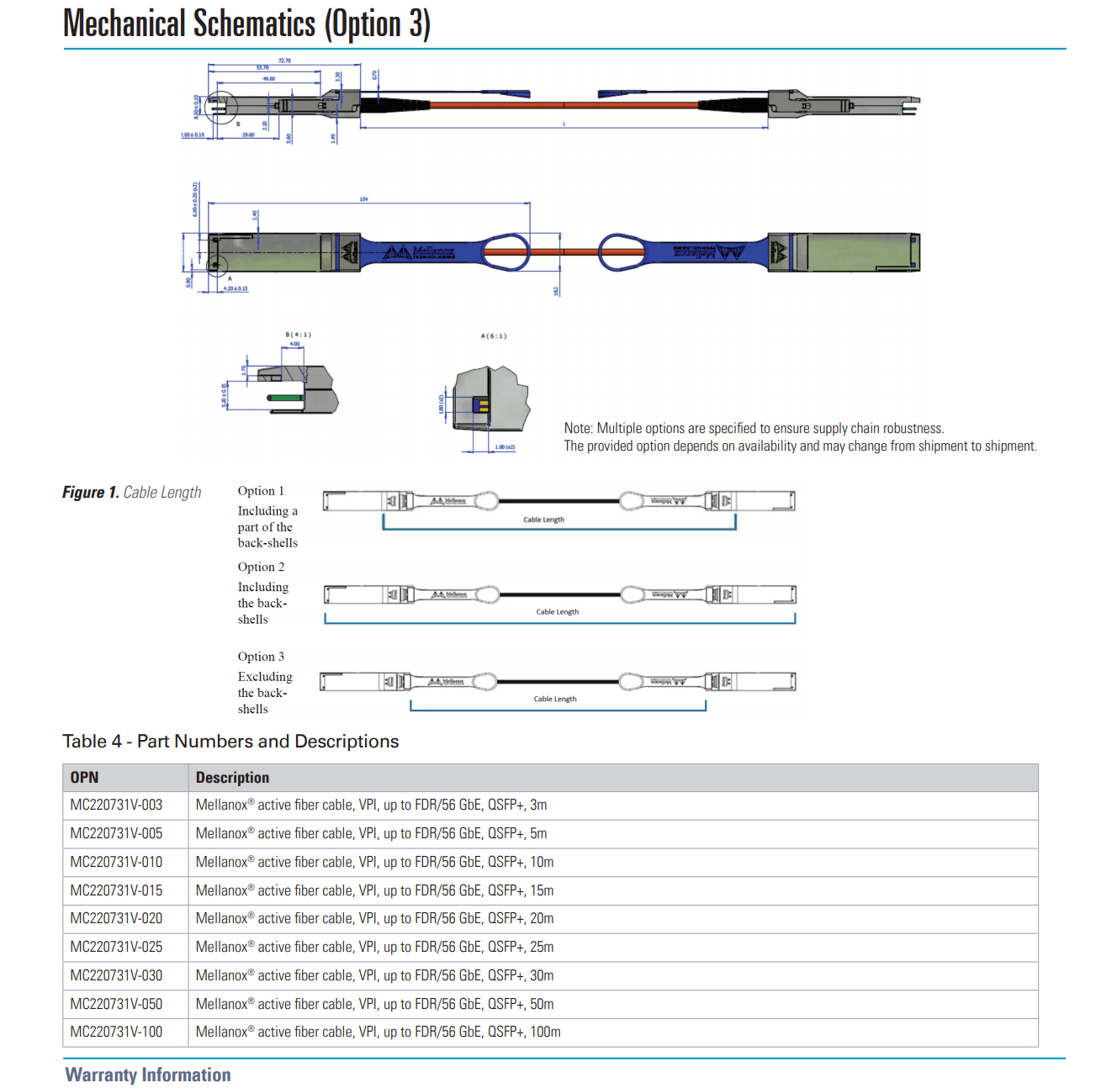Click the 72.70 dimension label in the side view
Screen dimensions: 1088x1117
(x=284, y=61)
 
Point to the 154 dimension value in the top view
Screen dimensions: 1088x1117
(x=363, y=199)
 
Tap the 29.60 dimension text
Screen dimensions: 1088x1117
(x=248, y=135)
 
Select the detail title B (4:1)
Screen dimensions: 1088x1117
(x=298, y=335)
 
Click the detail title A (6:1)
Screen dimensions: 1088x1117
(x=494, y=335)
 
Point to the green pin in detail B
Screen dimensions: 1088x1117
(x=284, y=398)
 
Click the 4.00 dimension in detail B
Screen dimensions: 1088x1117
(x=294, y=344)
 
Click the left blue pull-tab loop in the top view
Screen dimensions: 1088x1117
(x=506, y=251)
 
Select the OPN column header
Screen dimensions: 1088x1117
(x=84, y=778)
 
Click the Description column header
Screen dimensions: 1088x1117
(x=232, y=778)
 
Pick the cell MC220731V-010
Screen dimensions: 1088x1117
(x=116, y=862)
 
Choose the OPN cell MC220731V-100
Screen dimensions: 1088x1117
(x=116, y=1032)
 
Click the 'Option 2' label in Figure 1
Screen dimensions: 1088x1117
(x=261, y=567)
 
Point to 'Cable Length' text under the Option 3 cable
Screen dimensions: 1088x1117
(x=555, y=699)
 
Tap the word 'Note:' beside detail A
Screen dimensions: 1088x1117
(x=578, y=428)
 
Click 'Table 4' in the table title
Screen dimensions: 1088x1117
(x=92, y=742)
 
